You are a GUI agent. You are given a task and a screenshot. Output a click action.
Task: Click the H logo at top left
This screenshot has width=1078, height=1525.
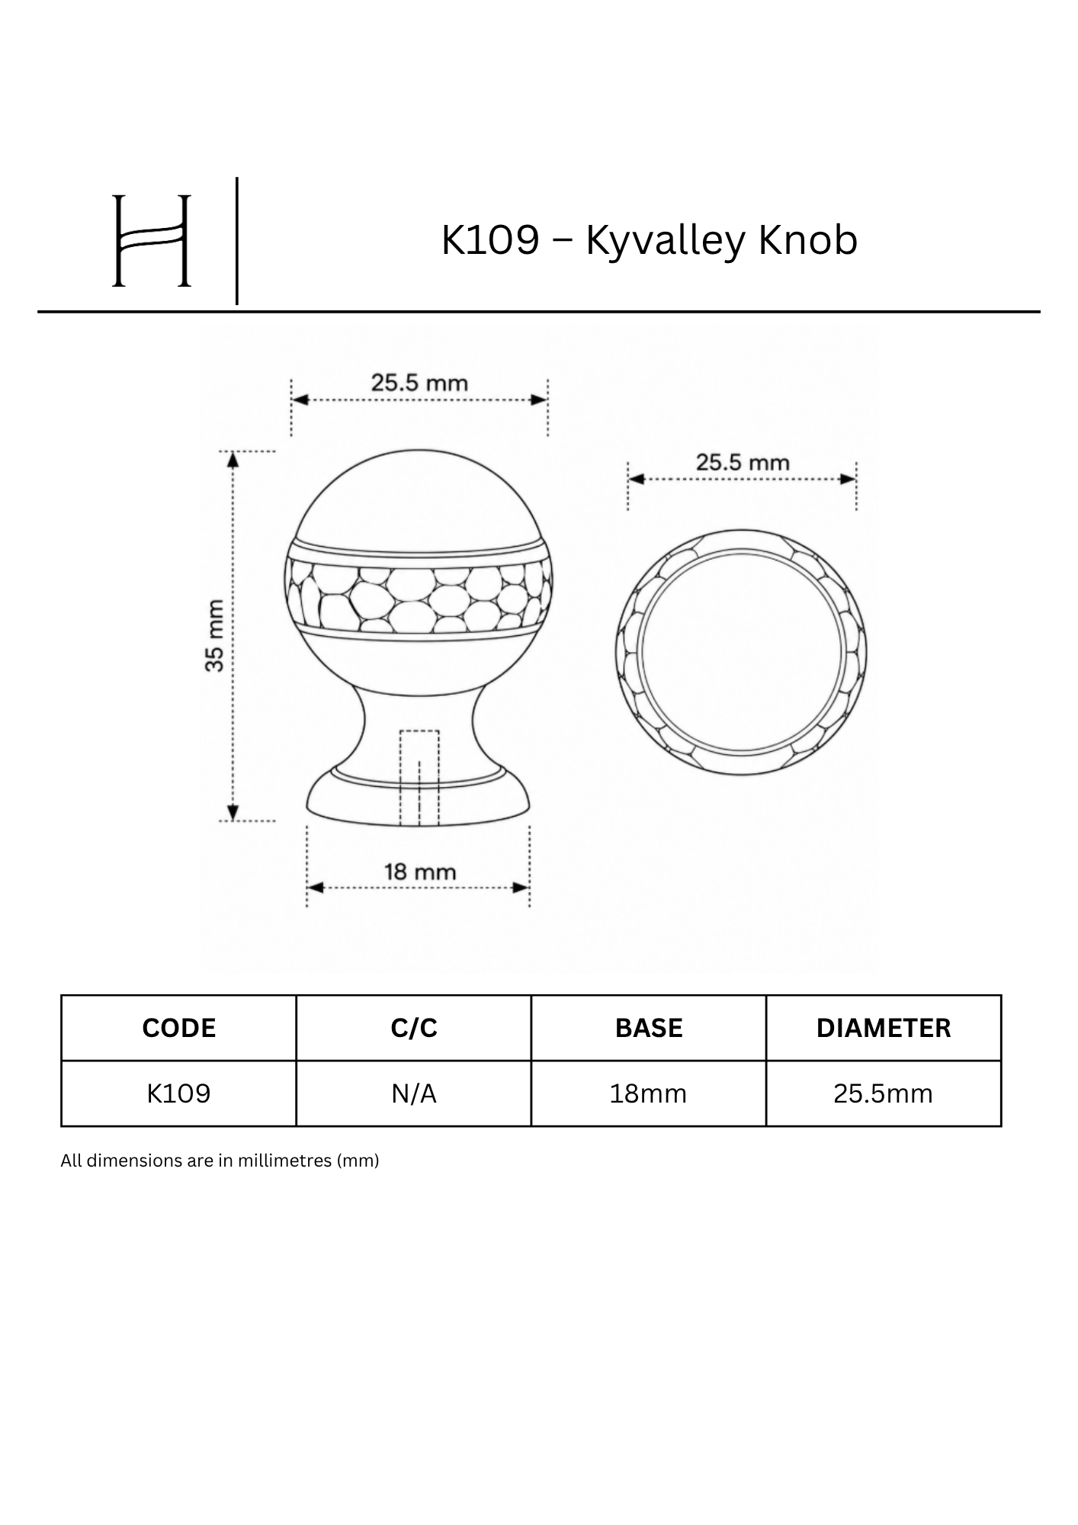[151, 240]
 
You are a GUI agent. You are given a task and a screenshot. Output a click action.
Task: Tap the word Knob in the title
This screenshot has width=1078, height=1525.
[808, 239]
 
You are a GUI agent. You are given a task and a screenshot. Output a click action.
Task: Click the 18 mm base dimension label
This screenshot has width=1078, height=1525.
[420, 871]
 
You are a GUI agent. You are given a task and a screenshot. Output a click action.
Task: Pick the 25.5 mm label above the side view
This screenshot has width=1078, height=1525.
[419, 382]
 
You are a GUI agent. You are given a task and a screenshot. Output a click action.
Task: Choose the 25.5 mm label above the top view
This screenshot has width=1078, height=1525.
[743, 462]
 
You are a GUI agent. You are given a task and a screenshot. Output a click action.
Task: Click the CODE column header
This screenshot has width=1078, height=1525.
[179, 1028]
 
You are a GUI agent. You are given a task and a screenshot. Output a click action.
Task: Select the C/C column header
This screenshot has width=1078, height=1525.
[414, 1028]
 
